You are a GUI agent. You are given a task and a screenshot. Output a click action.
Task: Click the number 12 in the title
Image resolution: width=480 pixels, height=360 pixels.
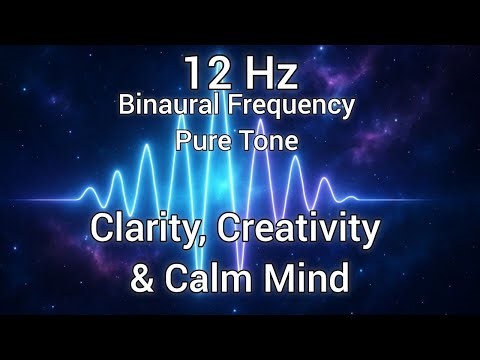(x=201, y=73)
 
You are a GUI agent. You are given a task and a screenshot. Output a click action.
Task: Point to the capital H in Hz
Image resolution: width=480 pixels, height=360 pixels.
(x=251, y=73)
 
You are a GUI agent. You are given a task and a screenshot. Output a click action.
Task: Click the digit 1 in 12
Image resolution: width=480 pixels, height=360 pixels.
(x=188, y=73)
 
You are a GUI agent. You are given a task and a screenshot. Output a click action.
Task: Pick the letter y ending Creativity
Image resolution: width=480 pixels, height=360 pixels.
(x=371, y=236)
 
